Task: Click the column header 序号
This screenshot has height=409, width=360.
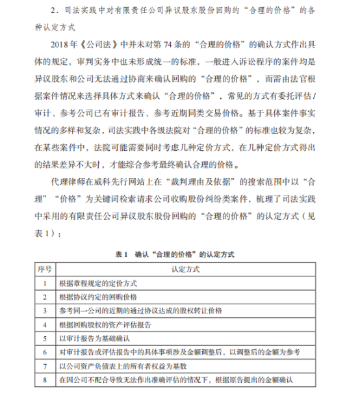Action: pos(44,269)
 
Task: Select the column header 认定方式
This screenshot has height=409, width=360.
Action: pos(185,269)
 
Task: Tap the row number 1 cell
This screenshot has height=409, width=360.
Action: pos(44,283)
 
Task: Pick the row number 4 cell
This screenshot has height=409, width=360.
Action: pos(44,324)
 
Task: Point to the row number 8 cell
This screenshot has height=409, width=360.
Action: pos(44,379)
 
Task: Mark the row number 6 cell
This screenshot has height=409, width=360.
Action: pos(44,352)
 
